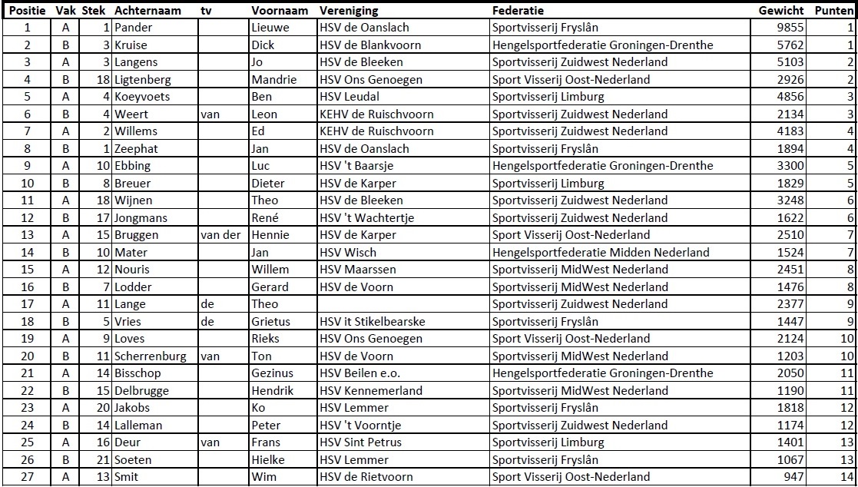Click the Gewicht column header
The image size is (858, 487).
pyautogui.click(x=781, y=11)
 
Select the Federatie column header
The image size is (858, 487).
pyautogui.click(x=518, y=11)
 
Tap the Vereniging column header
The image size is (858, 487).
pyautogui.click(x=349, y=11)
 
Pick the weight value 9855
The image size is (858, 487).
pyautogui.click(x=790, y=28)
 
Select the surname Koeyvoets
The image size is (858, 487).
pyautogui.click(x=142, y=97)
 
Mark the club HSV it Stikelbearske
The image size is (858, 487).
pyautogui.click(x=372, y=322)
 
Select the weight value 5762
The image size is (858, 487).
pyautogui.click(x=790, y=45)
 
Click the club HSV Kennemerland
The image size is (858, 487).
pyautogui.click(x=370, y=391)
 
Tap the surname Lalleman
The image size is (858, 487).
pyautogui.click(x=139, y=426)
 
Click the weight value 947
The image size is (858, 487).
pyautogui.click(x=793, y=477)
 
